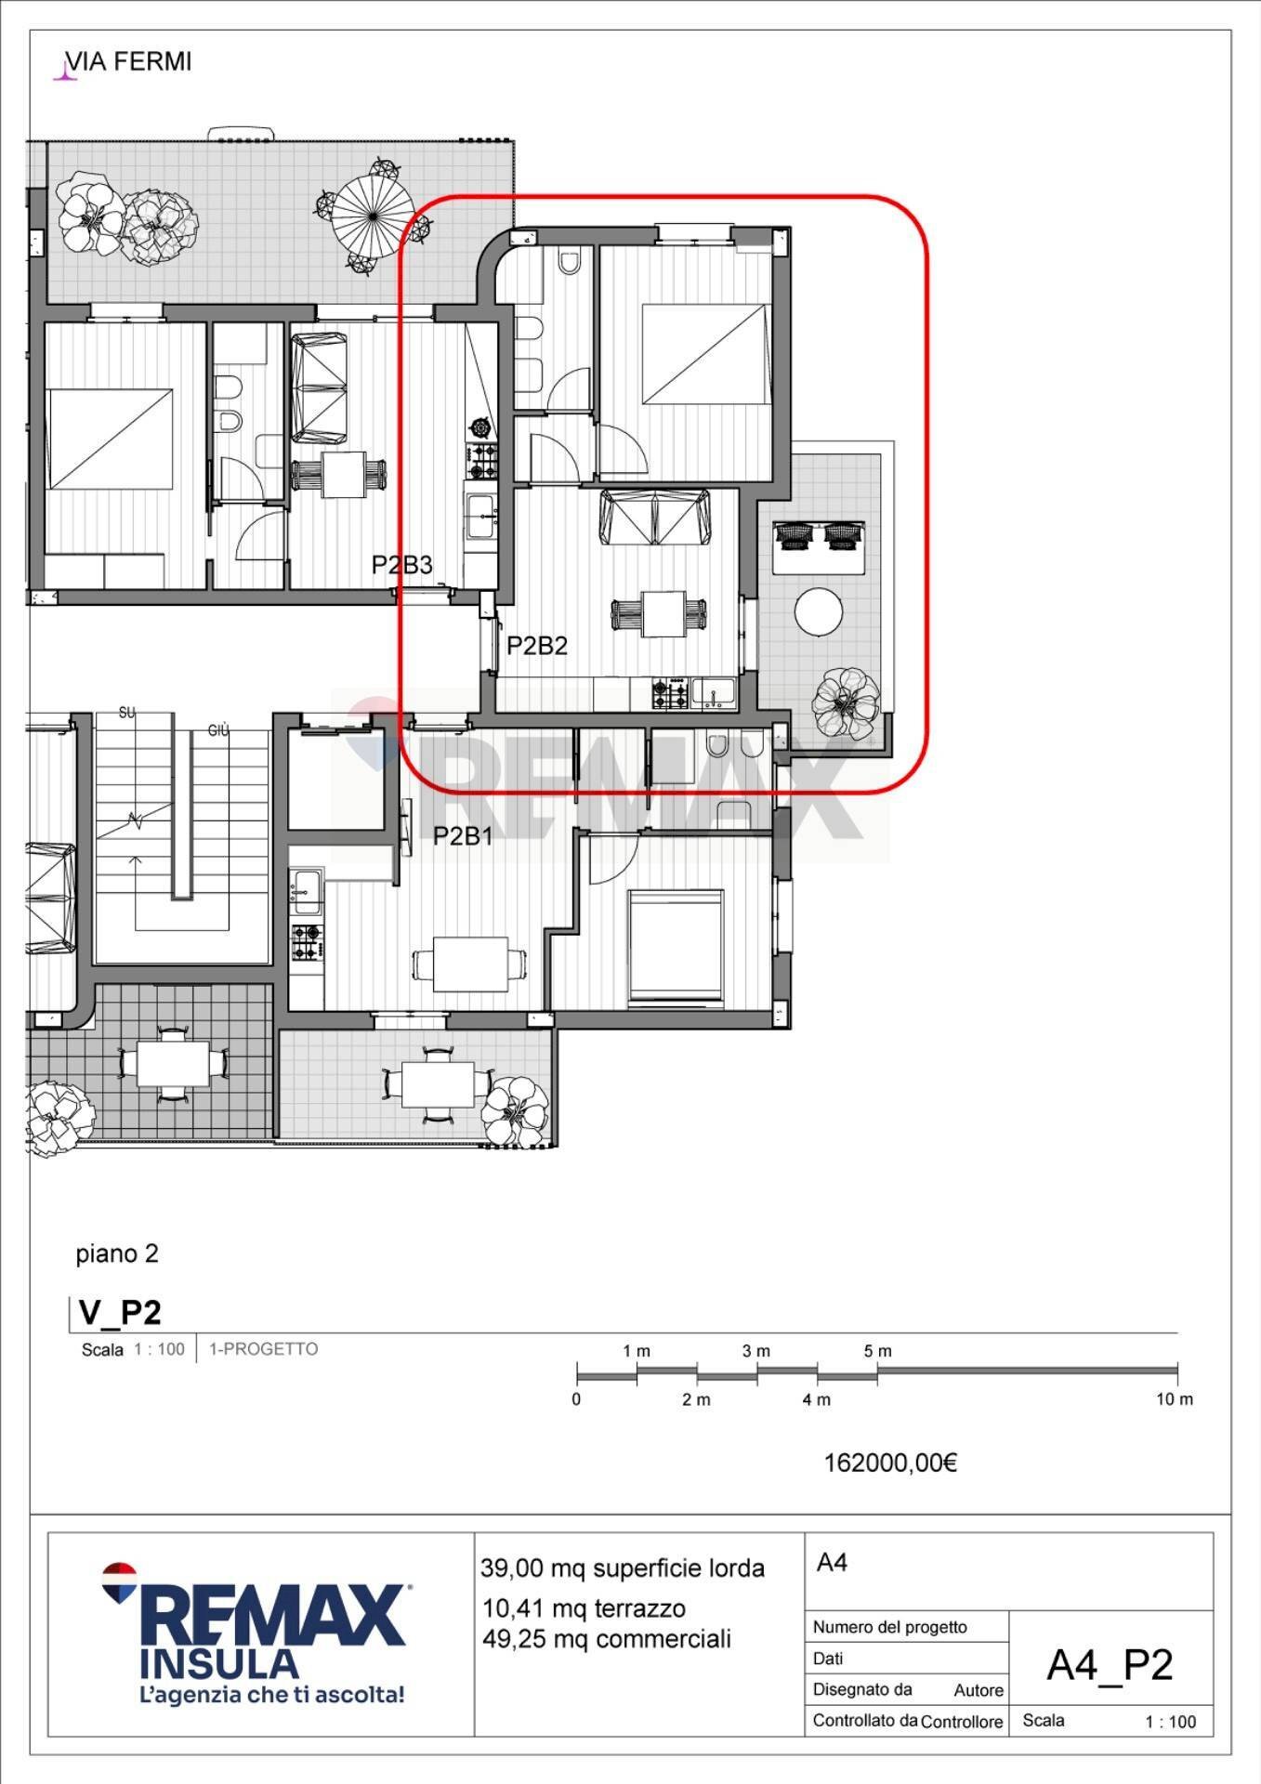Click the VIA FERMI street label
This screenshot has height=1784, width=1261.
pos(128,62)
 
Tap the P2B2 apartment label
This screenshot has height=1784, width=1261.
pos(536,646)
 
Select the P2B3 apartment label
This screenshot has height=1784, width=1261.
pos(401,565)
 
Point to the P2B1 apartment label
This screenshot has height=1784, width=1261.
pos(463,836)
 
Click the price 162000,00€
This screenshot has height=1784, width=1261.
pos(890,1463)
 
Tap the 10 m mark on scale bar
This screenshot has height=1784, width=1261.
pos(1174,1399)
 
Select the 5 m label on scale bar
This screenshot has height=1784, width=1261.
pos(877,1351)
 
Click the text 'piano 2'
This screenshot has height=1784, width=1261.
pos(117,1253)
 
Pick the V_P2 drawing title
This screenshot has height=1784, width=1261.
pos(120,1312)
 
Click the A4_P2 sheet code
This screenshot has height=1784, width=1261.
pos(1110,1665)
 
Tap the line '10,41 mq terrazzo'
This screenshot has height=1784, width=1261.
pos(584,1608)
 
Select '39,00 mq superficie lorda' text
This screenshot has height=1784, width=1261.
pos(622,1568)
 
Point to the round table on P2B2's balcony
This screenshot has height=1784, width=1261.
pos(819,612)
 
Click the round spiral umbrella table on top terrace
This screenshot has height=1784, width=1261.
pos(373,216)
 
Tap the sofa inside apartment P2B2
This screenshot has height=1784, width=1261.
pos(656,518)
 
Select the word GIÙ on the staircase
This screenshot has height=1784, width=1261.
pos(218,731)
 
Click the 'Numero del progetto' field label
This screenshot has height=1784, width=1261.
pos(889,1627)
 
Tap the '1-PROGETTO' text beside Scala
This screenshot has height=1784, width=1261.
pos(263,1348)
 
